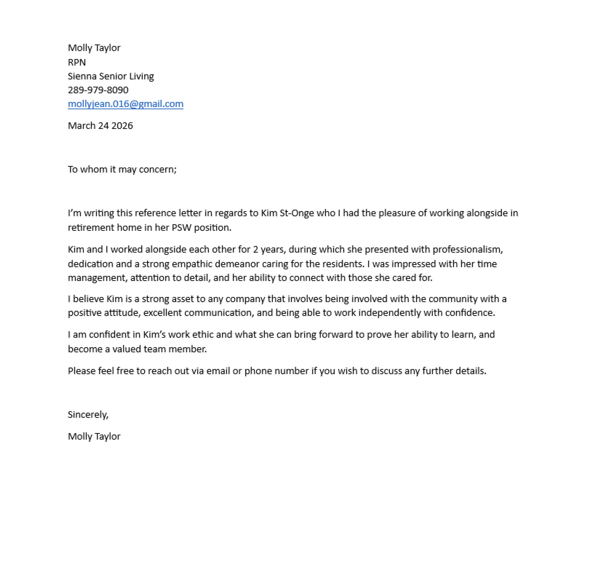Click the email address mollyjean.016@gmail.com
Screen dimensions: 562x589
pos(126,104)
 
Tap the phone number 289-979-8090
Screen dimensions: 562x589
pos(98,90)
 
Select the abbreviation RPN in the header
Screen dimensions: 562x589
pos(77,62)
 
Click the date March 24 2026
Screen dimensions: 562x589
pos(100,126)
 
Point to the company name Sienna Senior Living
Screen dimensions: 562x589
pos(111,76)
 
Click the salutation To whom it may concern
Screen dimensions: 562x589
pos(122,169)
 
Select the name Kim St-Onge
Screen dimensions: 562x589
pos(287,213)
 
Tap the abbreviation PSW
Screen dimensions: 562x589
pos(181,228)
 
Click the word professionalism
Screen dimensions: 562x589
pos(467,249)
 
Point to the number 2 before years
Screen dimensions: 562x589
pos(256,249)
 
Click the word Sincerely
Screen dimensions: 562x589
pos(88,415)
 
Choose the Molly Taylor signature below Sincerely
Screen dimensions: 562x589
pos(94,436)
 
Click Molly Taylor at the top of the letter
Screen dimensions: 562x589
pos(94,48)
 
